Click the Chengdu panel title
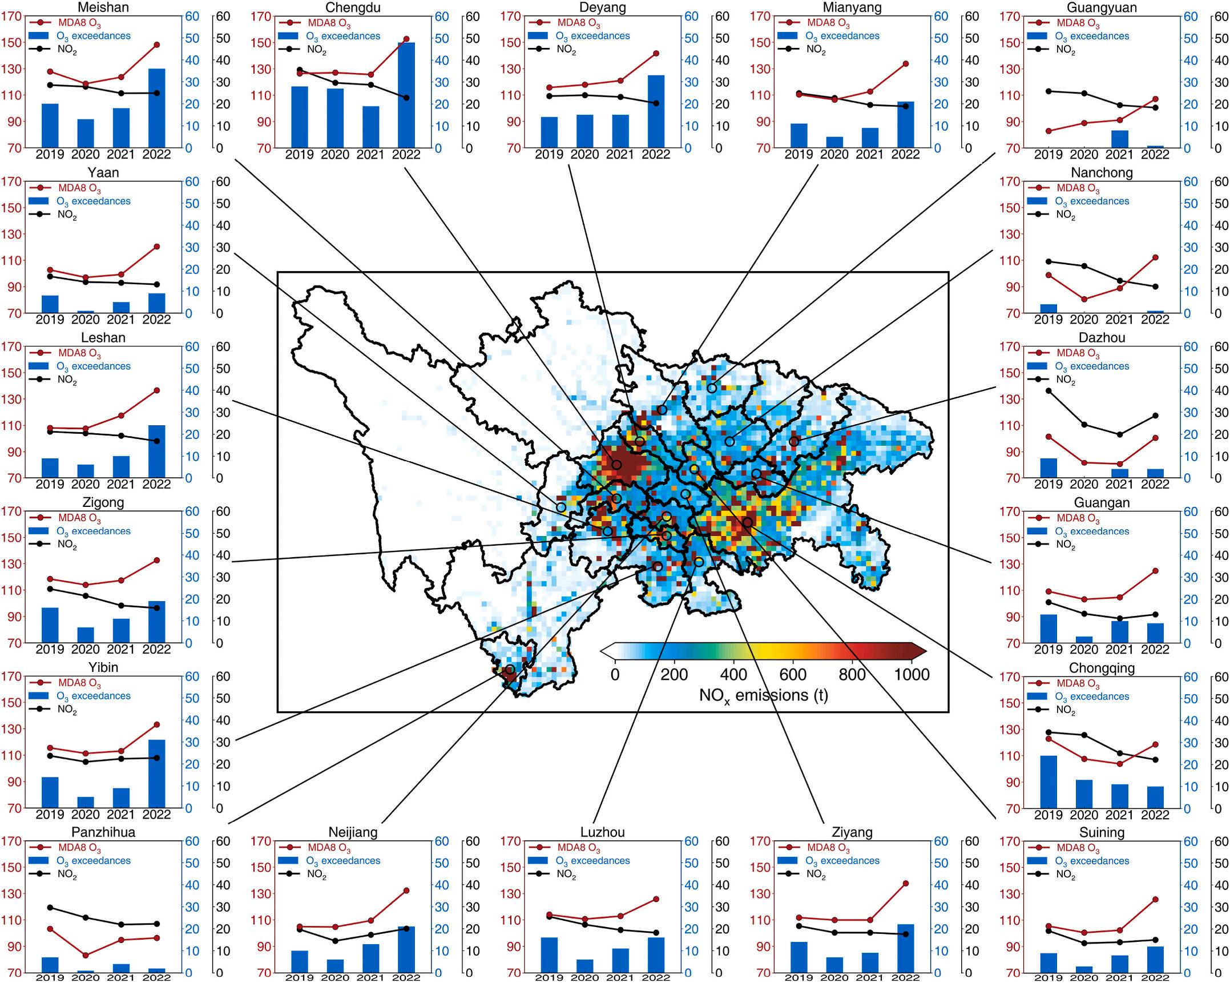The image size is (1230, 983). point(353,7)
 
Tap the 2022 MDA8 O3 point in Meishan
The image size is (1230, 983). point(156,45)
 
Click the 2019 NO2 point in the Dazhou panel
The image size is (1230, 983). point(1048,391)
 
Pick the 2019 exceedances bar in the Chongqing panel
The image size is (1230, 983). point(1048,781)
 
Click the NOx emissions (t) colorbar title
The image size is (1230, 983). point(763,695)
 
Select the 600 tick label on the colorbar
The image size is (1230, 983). point(792,675)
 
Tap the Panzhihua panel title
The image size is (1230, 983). point(103,832)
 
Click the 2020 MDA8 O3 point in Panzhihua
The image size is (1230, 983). point(86,955)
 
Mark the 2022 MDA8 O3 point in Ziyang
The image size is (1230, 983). point(905,884)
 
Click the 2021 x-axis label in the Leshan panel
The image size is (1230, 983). point(121,485)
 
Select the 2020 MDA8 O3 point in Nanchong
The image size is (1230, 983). point(1084,299)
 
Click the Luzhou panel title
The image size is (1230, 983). point(602,832)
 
